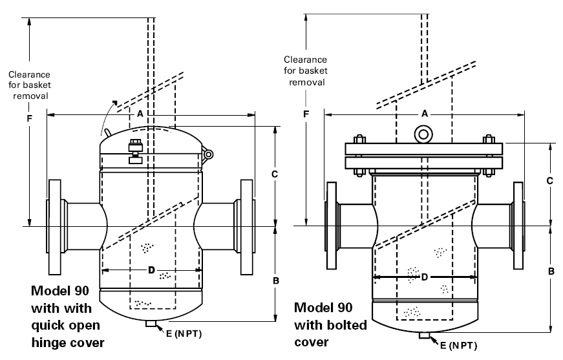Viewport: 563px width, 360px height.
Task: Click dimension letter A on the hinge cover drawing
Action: tap(140, 114)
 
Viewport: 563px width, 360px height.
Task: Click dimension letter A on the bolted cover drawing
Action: tap(425, 114)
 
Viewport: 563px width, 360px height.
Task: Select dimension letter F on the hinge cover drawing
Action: tap(30, 118)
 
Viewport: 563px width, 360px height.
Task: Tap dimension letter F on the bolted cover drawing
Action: tap(306, 114)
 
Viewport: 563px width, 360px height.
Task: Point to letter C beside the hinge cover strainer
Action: tap(274, 175)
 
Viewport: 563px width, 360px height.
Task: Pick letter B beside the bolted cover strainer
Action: tap(551, 271)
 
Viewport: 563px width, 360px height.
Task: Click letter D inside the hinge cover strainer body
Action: tap(151, 270)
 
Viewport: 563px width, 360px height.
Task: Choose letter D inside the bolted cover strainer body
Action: tap(425, 277)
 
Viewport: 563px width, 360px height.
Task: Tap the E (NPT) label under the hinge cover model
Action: tap(184, 334)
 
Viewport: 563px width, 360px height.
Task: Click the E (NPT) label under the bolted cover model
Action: tap(458, 346)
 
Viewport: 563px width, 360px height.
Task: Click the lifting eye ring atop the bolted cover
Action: tap(423, 134)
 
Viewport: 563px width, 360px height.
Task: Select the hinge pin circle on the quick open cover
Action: tap(208, 154)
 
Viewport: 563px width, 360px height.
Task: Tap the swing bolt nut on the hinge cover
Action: tap(135, 145)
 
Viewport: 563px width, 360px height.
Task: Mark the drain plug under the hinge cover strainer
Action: tap(151, 324)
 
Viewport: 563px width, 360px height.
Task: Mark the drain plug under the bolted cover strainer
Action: tap(425, 335)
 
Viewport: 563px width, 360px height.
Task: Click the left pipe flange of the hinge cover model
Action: tap(54, 227)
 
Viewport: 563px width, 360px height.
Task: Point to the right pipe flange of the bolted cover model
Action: tap(519, 226)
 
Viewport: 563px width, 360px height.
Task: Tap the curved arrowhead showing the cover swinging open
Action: tap(114, 103)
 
